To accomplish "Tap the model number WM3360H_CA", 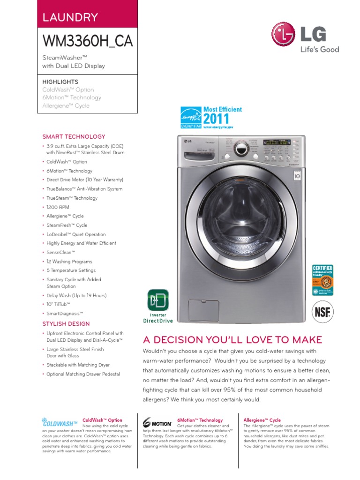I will tap(88, 41).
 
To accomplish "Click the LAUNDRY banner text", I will tap(70, 18).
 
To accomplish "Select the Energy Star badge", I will tap(191, 117).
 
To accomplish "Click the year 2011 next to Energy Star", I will tap(216, 119).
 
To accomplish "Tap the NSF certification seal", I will tap(322, 312).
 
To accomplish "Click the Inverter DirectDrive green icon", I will tap(158, 300).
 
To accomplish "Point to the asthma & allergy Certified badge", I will tap(322, 280).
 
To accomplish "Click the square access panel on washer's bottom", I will tap(203, 310).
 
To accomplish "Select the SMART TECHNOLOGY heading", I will tap(74, 137).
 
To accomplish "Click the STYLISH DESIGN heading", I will tap(66, 324).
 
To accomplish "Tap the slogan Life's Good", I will tap(320, 50).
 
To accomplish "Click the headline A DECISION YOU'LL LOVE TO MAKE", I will tap(232, 339).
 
